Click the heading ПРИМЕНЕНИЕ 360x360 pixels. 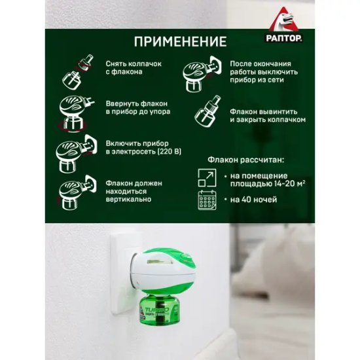point(180,42)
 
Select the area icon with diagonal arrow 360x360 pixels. point(207,177)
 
